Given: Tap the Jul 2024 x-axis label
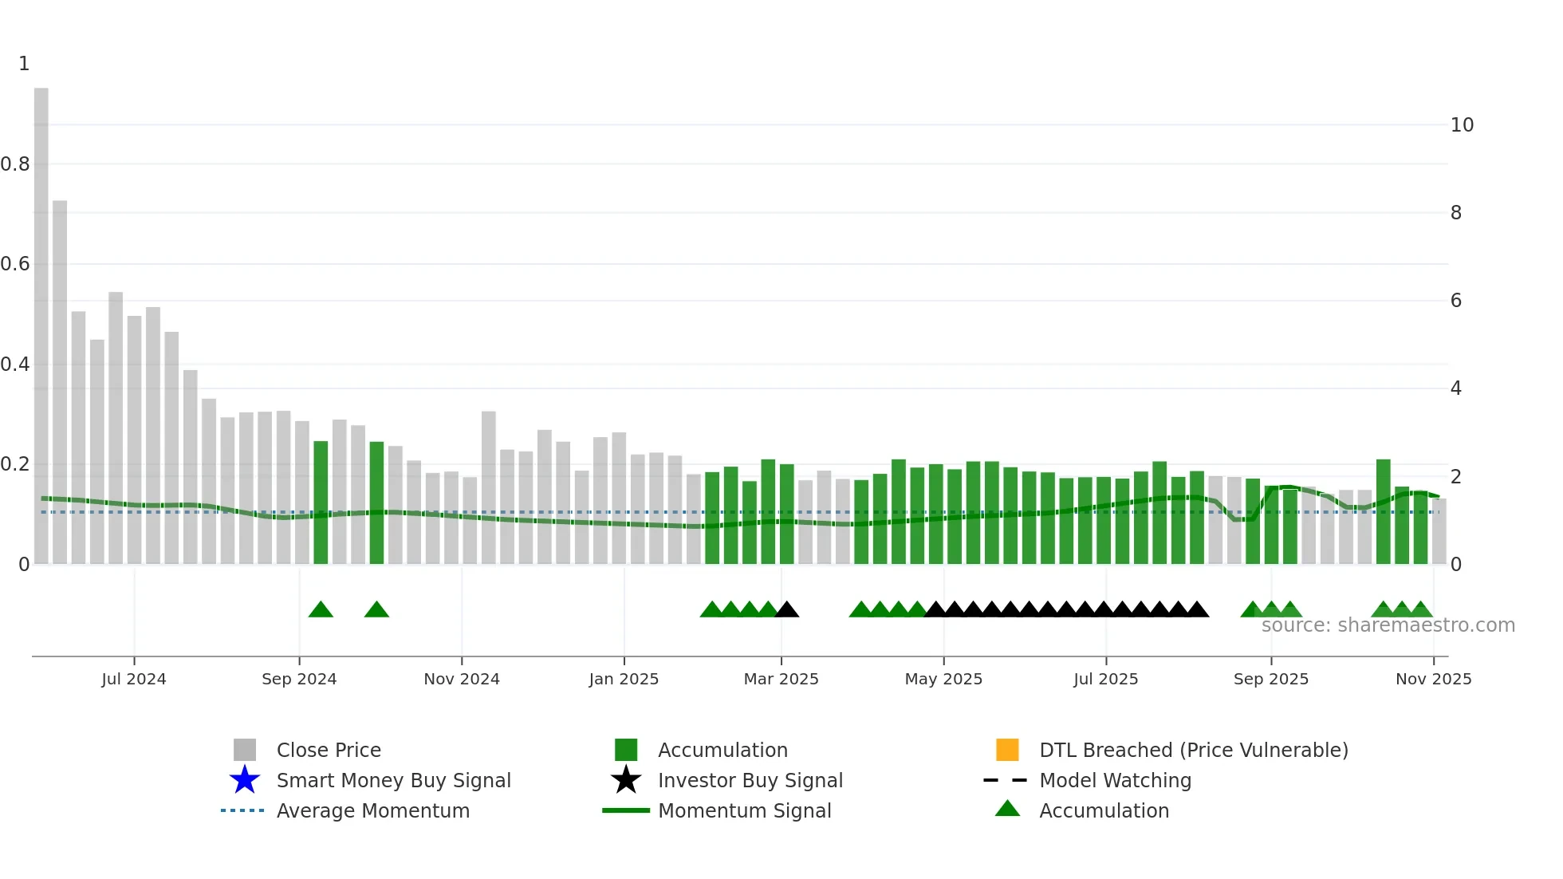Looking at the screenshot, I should click(134, 679).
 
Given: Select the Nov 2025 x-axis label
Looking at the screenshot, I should click(1433, 679).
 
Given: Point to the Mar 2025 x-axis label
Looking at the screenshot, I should click(781, 679).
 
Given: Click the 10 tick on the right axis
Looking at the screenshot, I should click(1461, 125).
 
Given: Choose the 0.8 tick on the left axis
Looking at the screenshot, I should click(15, 164).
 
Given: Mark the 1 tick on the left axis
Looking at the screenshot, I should click(24, 64).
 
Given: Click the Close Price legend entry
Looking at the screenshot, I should click(328, 750).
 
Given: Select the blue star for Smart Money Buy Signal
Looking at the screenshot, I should click(245, 780).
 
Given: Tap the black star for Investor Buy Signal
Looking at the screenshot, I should click(626, 780).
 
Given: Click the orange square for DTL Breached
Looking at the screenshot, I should click(1007, 750).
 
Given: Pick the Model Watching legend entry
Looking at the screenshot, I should click(1114, 780).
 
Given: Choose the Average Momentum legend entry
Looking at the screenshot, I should click(372, 810).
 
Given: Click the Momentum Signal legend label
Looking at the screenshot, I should click(744, 810).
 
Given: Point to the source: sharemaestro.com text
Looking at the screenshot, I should click(1388, 625).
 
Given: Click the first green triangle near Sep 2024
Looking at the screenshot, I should click(321, 610).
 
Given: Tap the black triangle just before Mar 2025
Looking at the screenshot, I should click(786, 610).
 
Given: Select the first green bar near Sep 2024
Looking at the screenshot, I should click(321, 503).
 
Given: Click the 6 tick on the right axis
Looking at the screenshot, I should click(1455, 301).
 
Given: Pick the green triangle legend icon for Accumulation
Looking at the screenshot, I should click(1007, 809).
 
